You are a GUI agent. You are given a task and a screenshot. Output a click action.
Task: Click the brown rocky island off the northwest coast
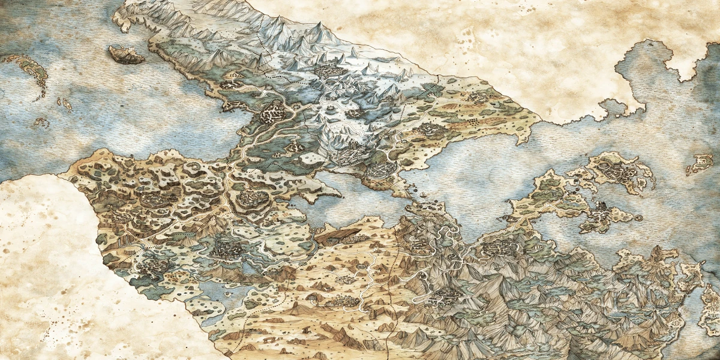point(126,55)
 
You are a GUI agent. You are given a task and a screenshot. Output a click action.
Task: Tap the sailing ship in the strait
point(424,196)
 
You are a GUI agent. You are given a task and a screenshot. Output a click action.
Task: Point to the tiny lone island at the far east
point(700,164)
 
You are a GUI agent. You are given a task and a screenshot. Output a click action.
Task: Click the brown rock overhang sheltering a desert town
point(339,235)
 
